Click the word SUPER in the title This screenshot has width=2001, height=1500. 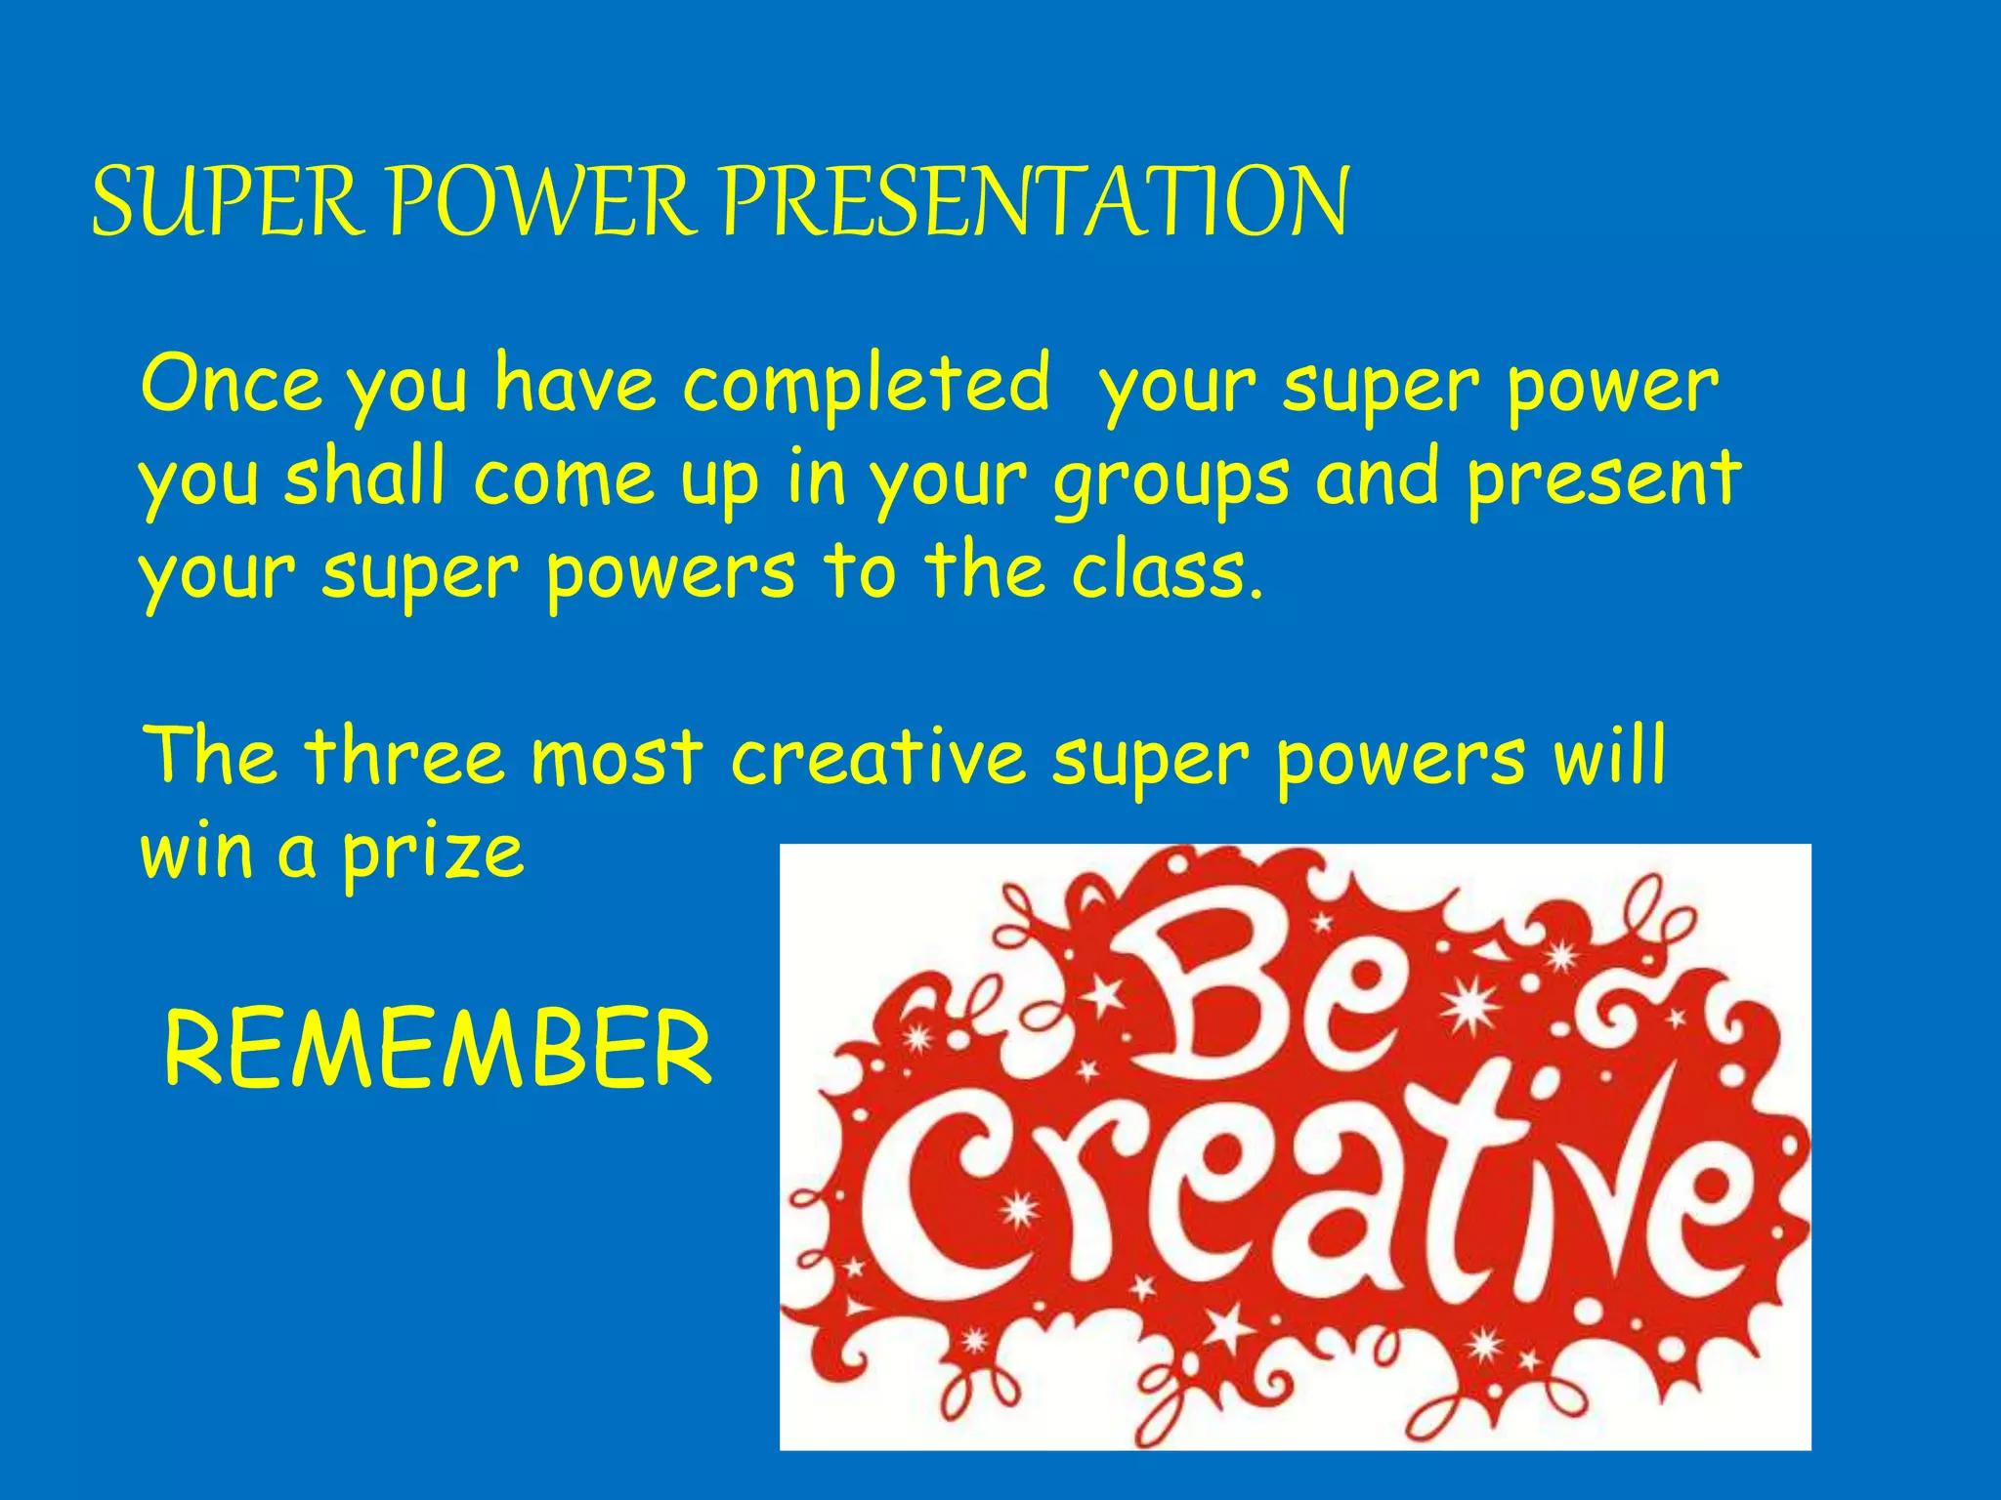[227, 202]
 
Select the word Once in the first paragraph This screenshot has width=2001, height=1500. [231, 384]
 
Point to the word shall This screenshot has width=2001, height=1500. [363, 477]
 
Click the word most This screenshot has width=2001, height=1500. [617, 758]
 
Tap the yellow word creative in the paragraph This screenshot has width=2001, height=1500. [877, 758]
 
